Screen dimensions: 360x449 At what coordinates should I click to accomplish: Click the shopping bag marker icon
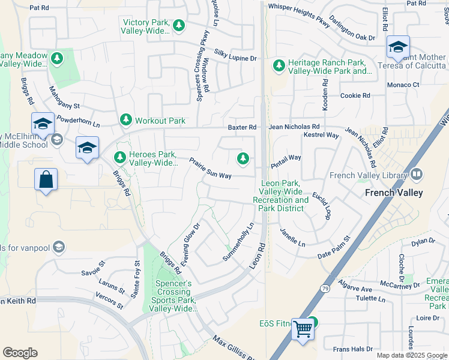click(46, 179)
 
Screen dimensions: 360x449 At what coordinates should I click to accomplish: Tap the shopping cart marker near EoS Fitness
click(303, 328)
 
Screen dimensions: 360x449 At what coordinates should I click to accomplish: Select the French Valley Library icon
click(416, 175)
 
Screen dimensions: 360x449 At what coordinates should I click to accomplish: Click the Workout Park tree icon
click(126, 121)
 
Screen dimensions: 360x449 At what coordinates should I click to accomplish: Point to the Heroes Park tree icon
click(120, 158)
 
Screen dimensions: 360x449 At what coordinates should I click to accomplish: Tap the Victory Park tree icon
click(178, 26)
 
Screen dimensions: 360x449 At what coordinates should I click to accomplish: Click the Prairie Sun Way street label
click(210, 168)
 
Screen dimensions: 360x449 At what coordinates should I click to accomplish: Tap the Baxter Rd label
click(242, 127)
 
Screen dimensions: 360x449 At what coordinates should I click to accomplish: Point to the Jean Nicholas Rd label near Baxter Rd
click(294, 127)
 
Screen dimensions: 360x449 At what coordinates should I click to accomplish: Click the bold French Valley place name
click(394, 193)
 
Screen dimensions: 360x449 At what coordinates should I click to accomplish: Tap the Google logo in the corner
click(20, 353)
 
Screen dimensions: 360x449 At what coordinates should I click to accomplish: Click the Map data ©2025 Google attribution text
click(411, 355)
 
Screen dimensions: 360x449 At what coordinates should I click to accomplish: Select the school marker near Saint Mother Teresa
click(397, 47)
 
